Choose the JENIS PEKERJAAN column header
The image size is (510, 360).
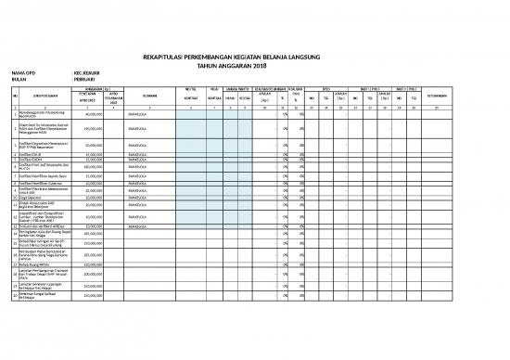coord(38,96)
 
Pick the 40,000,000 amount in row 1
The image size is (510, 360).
coord(94,115)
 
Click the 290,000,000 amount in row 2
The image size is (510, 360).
coord(93,130)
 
